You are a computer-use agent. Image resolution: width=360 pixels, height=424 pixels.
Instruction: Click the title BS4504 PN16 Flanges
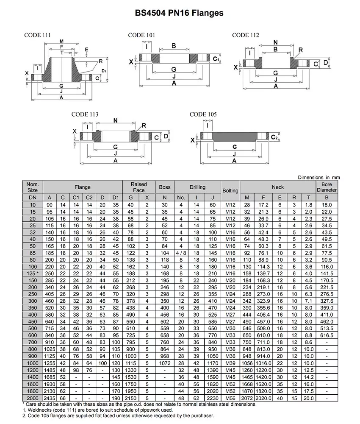(x=180, y=13)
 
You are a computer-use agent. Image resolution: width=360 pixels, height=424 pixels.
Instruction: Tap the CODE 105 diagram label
(x=203, y=114)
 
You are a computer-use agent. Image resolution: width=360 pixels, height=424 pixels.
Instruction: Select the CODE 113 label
(x=85, y=114)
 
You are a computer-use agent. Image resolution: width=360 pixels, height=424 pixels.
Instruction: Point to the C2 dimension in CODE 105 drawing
(x=274, y=137)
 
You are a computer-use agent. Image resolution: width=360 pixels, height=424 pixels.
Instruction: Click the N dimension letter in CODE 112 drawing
(x=275, y=42)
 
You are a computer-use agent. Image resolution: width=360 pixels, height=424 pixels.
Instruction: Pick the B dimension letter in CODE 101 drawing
(x=174, y=46)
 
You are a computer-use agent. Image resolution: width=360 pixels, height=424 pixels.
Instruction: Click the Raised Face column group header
(x=138, y=187)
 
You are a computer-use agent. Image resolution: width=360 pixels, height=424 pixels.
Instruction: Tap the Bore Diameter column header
(x=327, y=187)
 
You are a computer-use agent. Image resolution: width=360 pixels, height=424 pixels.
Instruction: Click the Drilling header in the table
(x=197, y=187)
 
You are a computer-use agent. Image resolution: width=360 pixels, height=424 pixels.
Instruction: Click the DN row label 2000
(x=33, y=398)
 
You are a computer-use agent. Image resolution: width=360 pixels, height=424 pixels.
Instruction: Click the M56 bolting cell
(x=230, y=398)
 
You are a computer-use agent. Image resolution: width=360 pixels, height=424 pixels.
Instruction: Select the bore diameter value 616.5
(x=327, y=335)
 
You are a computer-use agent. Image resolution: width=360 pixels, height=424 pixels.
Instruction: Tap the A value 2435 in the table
(x=50, y=398)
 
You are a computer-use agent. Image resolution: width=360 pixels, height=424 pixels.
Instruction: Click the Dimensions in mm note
(x=318, y=177)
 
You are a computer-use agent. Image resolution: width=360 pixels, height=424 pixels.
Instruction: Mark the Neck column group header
(x=278, y=187)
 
